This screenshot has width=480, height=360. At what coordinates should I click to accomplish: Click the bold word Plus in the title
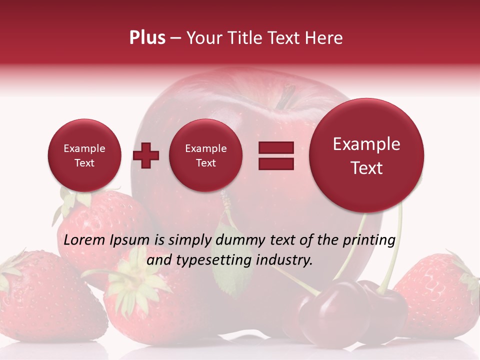(x=147, y=38)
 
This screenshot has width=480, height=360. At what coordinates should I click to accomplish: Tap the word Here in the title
(x=324, y=38)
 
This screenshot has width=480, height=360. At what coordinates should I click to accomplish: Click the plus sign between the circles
(x=146, y=155)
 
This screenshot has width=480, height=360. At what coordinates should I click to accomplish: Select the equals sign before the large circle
(x=276, y=155)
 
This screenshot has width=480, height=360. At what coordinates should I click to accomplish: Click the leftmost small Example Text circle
(x=84, y=155)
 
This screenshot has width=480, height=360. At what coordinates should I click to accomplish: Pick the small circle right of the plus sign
(x=206, y=155)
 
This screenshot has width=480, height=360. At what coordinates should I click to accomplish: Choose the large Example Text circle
(x=366, y=155)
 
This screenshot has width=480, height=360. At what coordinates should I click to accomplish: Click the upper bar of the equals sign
(x=276, y=147)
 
